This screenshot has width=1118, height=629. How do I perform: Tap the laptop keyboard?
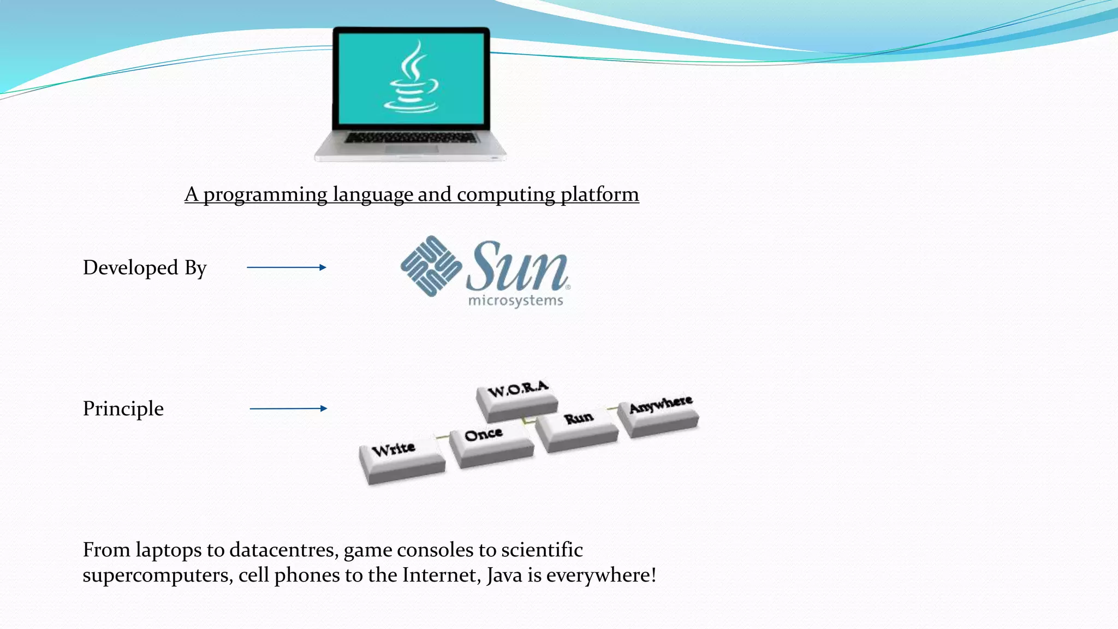click(411, 137)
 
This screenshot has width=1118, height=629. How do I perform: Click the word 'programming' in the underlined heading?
click(265, 195)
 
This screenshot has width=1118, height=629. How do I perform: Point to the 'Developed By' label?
click(145, 268)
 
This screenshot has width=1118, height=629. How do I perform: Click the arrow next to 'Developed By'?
click(287, 268)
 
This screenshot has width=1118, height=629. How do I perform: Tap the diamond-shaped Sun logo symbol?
click(431, 266)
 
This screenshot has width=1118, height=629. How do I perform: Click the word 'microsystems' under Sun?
click(515, 300)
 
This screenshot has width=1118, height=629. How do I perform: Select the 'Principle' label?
click(123, 408)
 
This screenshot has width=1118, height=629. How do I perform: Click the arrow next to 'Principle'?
click(288, 408)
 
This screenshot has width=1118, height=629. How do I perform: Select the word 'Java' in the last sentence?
click(504, 575)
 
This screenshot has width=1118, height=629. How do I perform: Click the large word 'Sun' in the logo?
click(517, 268)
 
